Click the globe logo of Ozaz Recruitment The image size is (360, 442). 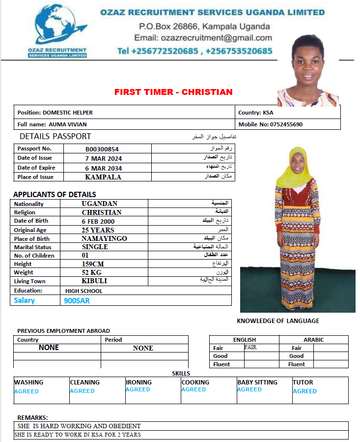pos(56,28)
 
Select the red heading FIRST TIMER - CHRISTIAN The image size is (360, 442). pos(173,92)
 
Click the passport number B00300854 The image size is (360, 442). pos(102,149)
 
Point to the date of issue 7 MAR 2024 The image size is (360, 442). pos(103,158)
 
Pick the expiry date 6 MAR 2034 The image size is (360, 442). pos(103,168)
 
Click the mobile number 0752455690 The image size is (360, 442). pos(286,124)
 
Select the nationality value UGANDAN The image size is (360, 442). pos(100,204)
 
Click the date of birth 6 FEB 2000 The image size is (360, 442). pos(98,221)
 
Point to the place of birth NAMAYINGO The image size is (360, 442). pos(105,238)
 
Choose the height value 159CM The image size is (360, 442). pos(93,264)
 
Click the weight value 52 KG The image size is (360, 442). pos(92,272)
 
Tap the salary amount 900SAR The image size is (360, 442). pos(77,300)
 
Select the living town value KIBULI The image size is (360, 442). pos(94,281)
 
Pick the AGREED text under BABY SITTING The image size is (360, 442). pos(249,389)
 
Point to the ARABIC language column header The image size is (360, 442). pos(313,340)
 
